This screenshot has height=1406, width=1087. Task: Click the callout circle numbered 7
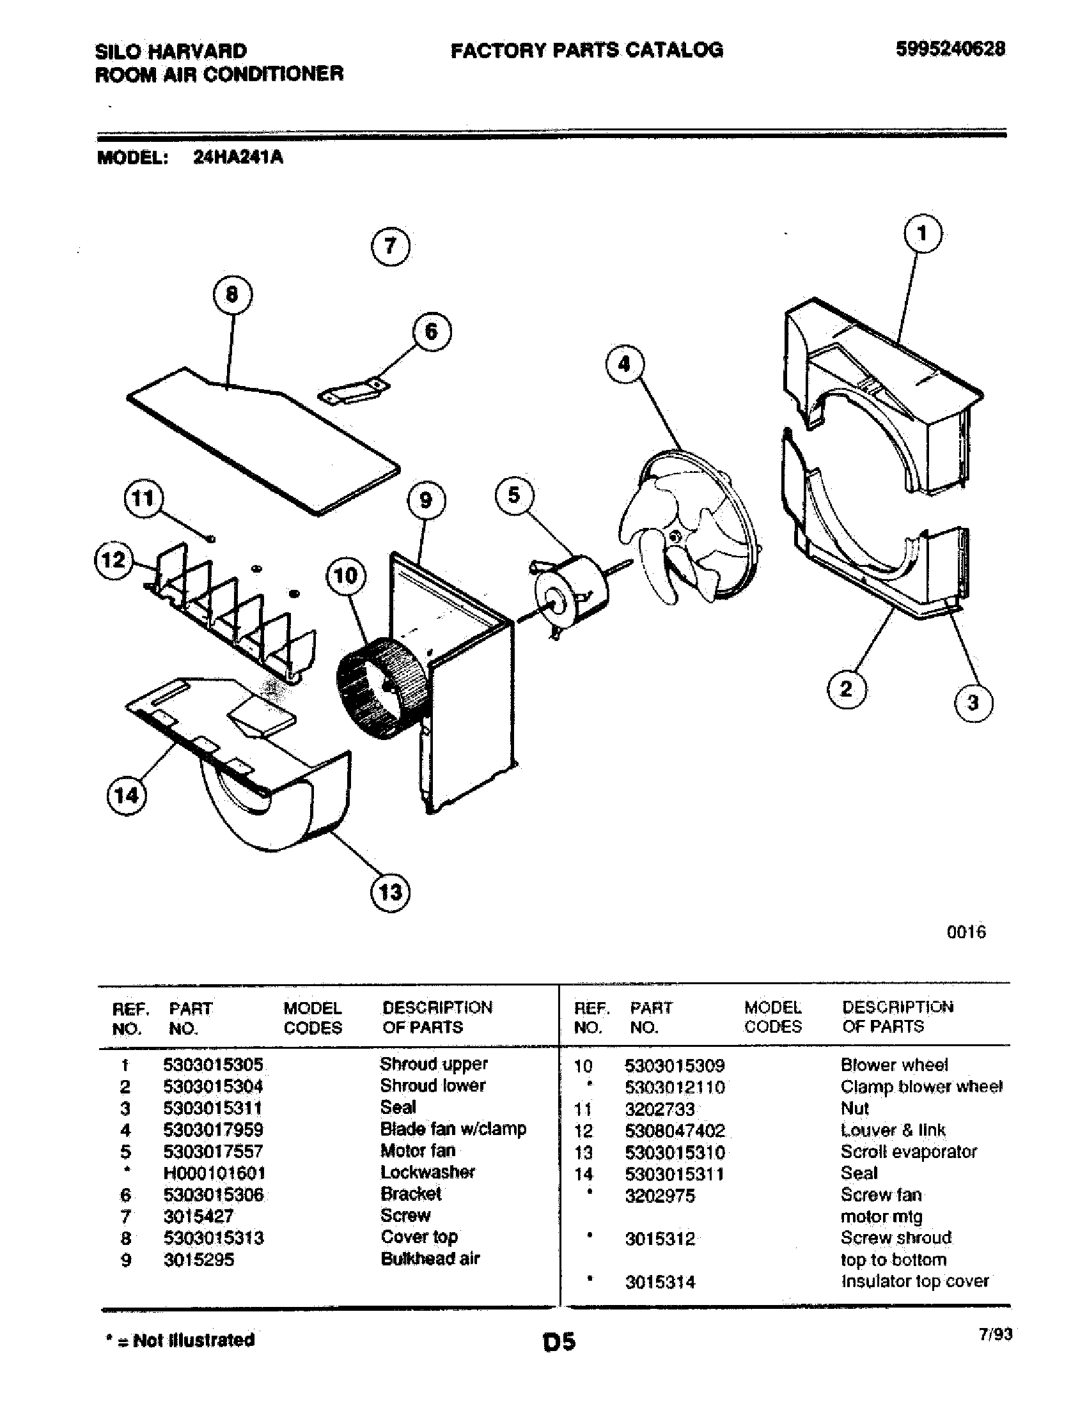[391, 247]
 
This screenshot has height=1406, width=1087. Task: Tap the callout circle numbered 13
[391, 892]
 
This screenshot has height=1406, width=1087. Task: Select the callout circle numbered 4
[624, 364]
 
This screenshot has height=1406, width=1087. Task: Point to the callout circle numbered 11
[143, 498]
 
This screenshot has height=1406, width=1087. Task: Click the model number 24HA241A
[238, 158]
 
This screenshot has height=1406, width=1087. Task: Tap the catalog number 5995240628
[950, 49]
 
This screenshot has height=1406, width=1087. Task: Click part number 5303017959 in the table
[213, 1129]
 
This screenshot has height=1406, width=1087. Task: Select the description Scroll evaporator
[908, 1152]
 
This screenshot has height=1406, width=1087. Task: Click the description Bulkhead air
[430, 1258]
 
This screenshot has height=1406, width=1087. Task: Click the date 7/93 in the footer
[995, 1334]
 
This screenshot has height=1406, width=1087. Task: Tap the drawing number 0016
[966, 932]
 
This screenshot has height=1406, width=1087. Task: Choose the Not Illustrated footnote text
[180, 1340]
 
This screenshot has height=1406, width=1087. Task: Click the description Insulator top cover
[914, 1281]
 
